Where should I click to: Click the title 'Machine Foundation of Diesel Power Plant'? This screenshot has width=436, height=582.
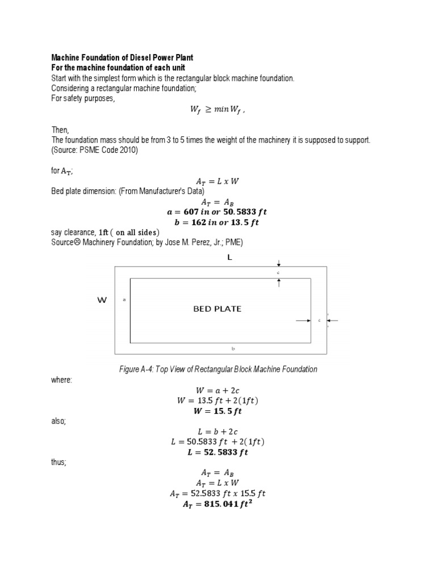122,57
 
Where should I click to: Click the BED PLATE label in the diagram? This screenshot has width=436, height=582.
217,309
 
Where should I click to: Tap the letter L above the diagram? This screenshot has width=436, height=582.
230,257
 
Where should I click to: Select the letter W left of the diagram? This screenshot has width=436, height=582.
102,301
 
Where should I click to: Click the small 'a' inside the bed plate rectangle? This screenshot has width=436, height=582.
124,300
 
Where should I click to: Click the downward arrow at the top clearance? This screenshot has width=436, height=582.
279,264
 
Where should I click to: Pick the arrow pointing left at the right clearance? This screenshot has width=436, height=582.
333,321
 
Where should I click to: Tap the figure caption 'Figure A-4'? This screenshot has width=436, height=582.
218,369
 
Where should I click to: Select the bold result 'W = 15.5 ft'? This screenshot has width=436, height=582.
218,411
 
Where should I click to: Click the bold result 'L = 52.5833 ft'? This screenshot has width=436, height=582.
218,452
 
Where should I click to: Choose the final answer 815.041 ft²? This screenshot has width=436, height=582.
218,504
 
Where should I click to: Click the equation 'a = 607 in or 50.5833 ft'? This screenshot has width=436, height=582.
218,211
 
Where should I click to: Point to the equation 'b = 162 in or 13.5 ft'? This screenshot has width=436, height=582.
218,222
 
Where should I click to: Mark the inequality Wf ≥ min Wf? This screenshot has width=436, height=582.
218,111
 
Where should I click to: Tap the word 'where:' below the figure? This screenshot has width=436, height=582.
62,380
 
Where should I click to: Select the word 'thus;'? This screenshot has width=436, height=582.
60,462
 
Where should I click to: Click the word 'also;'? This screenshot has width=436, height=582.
60,421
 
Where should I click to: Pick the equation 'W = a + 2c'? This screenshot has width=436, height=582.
218,390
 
